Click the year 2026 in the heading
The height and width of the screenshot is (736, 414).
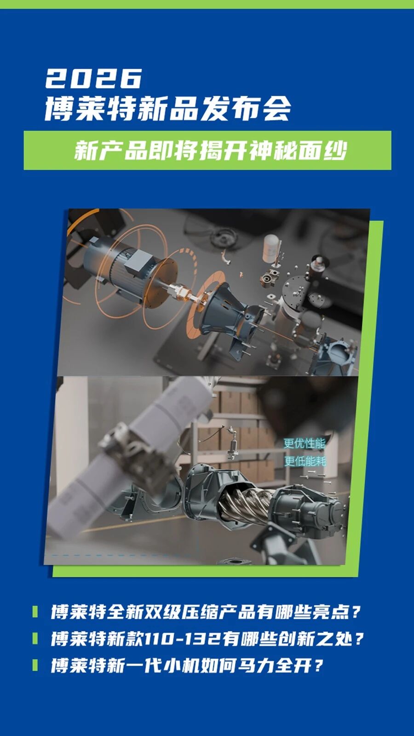point(94,78)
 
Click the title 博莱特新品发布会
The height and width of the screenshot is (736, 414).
point(168,109)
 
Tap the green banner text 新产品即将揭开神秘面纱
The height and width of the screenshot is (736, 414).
point(210,151)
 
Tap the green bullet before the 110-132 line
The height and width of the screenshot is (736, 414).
point(35,638)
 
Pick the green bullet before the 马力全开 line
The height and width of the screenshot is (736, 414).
point(35,665)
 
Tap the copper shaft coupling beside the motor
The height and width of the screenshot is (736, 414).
point(179,293)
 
